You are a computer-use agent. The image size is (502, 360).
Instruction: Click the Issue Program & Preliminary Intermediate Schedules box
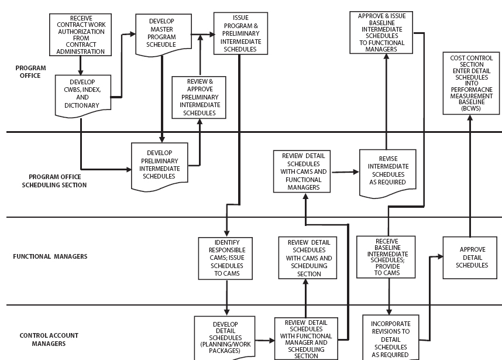[x=240, y=33]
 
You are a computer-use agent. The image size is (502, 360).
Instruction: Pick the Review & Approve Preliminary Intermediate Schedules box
[x=200, y=97]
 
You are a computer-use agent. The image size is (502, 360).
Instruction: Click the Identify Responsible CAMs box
[x=225, y=258]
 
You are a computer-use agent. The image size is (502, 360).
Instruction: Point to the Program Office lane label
[x=28, y=71]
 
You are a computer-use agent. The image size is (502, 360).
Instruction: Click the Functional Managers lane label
[x=50, y=256]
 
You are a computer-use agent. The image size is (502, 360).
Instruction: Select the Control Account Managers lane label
[x=49, y=340]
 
